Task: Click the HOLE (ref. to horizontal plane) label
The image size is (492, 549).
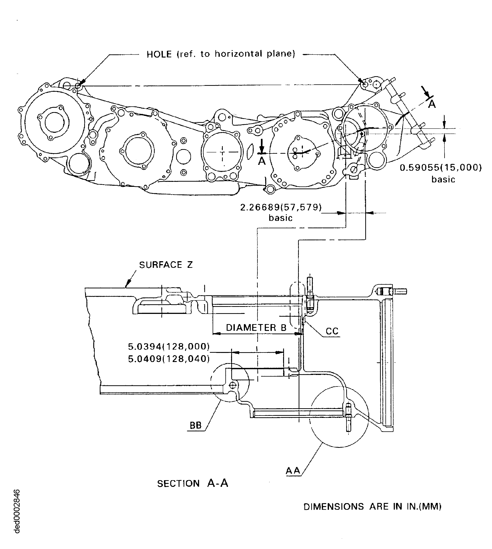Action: click(x=221, y=54)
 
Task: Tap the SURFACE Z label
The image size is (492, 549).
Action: click(x=166, y=265)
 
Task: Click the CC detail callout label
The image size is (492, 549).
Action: click(x=332, y=331)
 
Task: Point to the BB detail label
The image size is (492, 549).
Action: click(x=195, y=425)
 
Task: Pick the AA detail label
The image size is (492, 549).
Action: click(x=293, y=471)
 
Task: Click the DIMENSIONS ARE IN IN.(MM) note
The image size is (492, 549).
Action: click(x=372, y=507)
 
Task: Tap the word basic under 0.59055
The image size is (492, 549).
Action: click(x=443, y=179)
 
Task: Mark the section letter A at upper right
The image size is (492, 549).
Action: click(x=432, y=104)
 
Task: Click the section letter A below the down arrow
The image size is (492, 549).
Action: click(x=262, y=161)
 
